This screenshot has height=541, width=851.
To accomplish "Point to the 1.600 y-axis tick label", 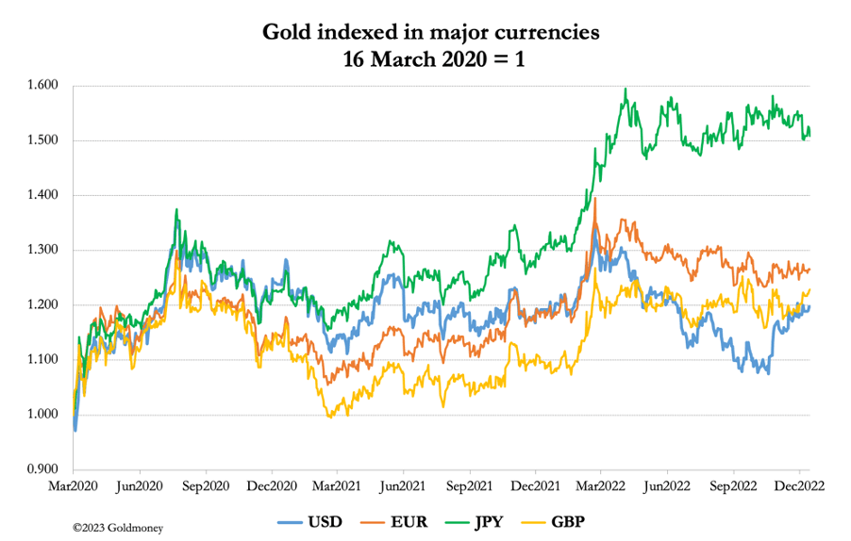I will point(43,86).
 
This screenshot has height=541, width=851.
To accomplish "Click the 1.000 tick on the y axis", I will point(43,415).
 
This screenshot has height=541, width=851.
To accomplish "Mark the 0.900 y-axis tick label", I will point(43,469).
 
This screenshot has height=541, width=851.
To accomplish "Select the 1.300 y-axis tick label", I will point(43,251).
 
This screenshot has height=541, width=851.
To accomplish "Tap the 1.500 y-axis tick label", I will point(43,140).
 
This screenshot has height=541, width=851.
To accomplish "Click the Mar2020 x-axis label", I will point(75,486).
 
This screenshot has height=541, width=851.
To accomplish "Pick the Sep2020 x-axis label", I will point(206,486).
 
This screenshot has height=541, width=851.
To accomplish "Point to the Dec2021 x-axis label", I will point(535,486).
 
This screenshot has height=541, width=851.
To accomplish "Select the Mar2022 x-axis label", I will point(601,486).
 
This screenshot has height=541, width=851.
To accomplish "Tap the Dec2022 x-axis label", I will point(798,486).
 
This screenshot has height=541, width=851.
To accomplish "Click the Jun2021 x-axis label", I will point(404,486).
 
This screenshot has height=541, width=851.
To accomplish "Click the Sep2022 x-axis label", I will point(733,486).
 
